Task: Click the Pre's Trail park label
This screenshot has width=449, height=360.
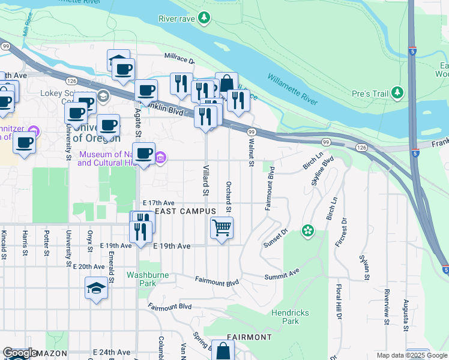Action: [x=369, y=94]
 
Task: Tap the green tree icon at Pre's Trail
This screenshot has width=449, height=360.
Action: [x=397, y=93]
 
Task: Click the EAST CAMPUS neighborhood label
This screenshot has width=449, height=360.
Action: [x=185, y=212]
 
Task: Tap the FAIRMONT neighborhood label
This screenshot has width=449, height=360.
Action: [x=249, y=337]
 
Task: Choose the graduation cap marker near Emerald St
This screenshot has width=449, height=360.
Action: [x=97, y=289]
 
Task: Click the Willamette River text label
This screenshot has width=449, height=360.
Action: [x=292, y=89]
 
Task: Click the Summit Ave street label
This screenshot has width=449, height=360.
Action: [x=282, y=274]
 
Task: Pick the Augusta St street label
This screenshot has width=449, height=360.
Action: [x=406, y=316]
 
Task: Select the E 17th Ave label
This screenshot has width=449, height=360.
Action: [x=158, y=203]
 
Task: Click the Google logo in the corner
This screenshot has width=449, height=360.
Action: [x=20, y=353]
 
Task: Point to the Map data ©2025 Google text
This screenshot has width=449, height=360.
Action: [x=411, y=355]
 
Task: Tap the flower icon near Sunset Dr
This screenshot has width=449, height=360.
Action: [x=308, y=230]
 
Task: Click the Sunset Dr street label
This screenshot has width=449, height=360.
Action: [x=277, y=238]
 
